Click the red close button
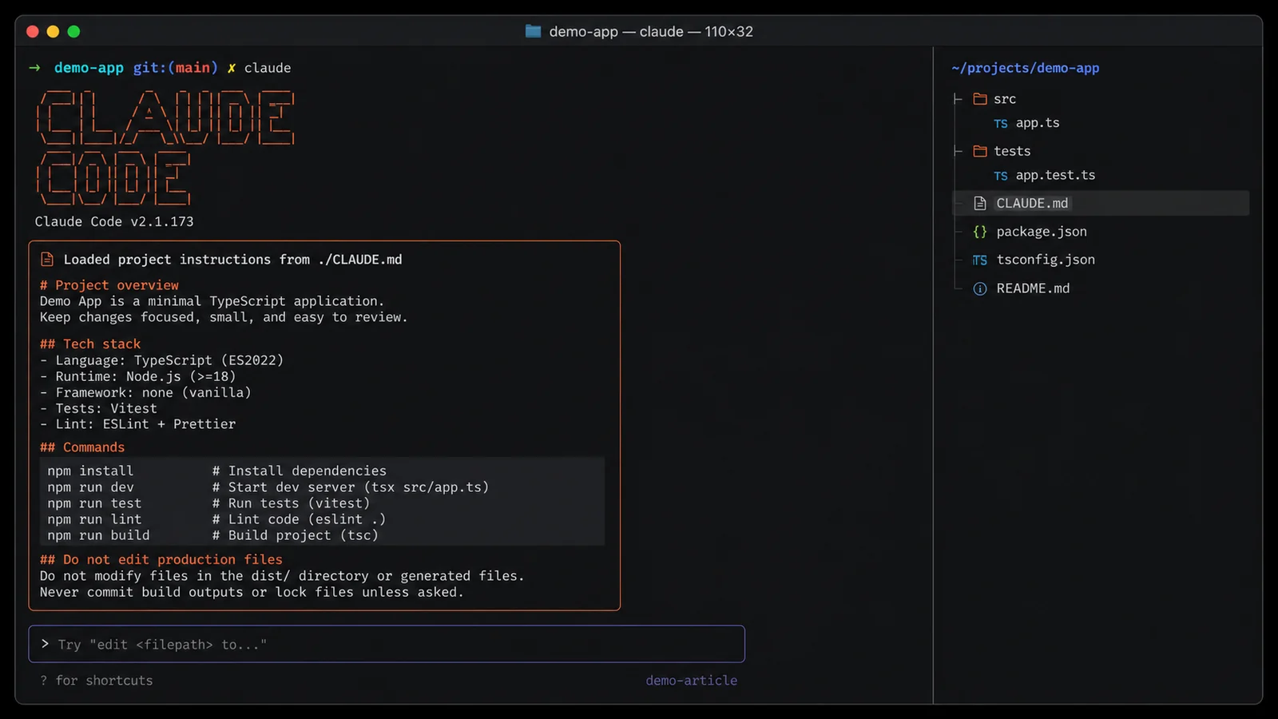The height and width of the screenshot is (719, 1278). point(33,31)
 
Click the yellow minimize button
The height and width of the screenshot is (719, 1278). point(53,31)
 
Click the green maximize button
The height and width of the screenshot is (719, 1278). point(73,31)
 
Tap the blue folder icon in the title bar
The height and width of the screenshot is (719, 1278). point(533,31)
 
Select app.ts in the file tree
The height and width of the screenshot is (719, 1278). point(1038,123)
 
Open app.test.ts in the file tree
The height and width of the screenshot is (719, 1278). point(1055,175)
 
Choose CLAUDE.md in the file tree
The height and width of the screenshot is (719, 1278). point(1032,203)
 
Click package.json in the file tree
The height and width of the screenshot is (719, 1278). point(1042,232)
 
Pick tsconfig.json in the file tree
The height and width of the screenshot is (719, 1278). point(1046,260)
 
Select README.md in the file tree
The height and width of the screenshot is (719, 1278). point(1033,288)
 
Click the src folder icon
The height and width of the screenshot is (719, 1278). point(979,99)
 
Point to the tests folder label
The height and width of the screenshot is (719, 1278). point(1012,151)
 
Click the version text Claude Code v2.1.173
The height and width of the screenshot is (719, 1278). point(114,221)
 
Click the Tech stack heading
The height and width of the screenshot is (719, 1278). point(90,344)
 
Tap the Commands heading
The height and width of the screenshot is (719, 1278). point(82,447)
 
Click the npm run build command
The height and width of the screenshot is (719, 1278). point(98,535)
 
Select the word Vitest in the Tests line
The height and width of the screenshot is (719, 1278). point(133,408)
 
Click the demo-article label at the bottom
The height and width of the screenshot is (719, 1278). point(692,680)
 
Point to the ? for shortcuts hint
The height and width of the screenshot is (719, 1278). point(97,680)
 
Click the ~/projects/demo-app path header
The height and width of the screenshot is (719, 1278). point(1026,68)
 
